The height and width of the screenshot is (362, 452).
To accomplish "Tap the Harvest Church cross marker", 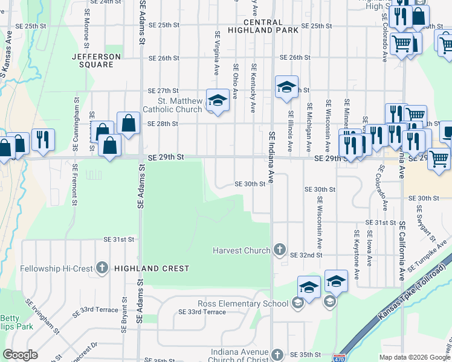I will pos(279,249).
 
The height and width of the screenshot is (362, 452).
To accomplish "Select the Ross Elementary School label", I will pos(242,304).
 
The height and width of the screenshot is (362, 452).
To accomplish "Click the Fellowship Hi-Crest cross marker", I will pos(102,267).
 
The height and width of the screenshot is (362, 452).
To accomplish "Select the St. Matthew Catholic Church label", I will pos(172,105).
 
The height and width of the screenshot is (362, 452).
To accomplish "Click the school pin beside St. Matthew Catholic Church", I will pos(218,100).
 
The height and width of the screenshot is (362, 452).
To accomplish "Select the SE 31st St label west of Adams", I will pos(118,240).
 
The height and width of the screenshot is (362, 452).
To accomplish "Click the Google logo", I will pos(20,355).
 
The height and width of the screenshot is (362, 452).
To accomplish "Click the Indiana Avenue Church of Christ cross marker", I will pos(277,354).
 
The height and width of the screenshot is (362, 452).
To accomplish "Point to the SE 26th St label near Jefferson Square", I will pos(163,58).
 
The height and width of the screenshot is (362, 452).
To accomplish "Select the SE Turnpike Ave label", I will pos(428,254).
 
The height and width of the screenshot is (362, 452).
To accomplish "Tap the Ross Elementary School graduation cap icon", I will pos(297,303).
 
